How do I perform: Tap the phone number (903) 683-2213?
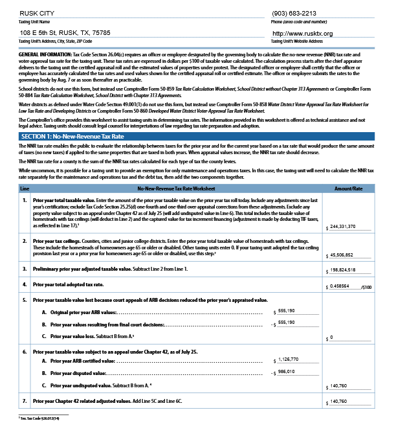(295, 12)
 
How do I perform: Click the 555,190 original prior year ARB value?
(285, 312)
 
